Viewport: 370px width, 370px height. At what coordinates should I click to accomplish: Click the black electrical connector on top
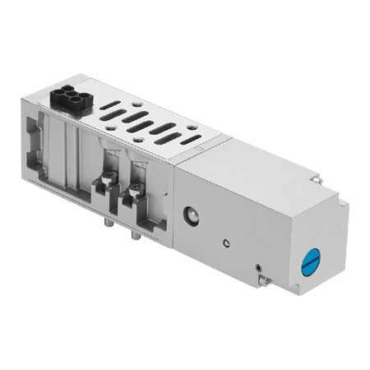68,97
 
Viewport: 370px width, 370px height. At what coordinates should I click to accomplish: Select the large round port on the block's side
190,215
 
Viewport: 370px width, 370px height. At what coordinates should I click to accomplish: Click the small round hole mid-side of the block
226,243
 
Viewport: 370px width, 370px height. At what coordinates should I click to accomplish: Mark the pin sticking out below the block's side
264,282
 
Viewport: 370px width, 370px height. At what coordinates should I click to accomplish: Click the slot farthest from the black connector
190,139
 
